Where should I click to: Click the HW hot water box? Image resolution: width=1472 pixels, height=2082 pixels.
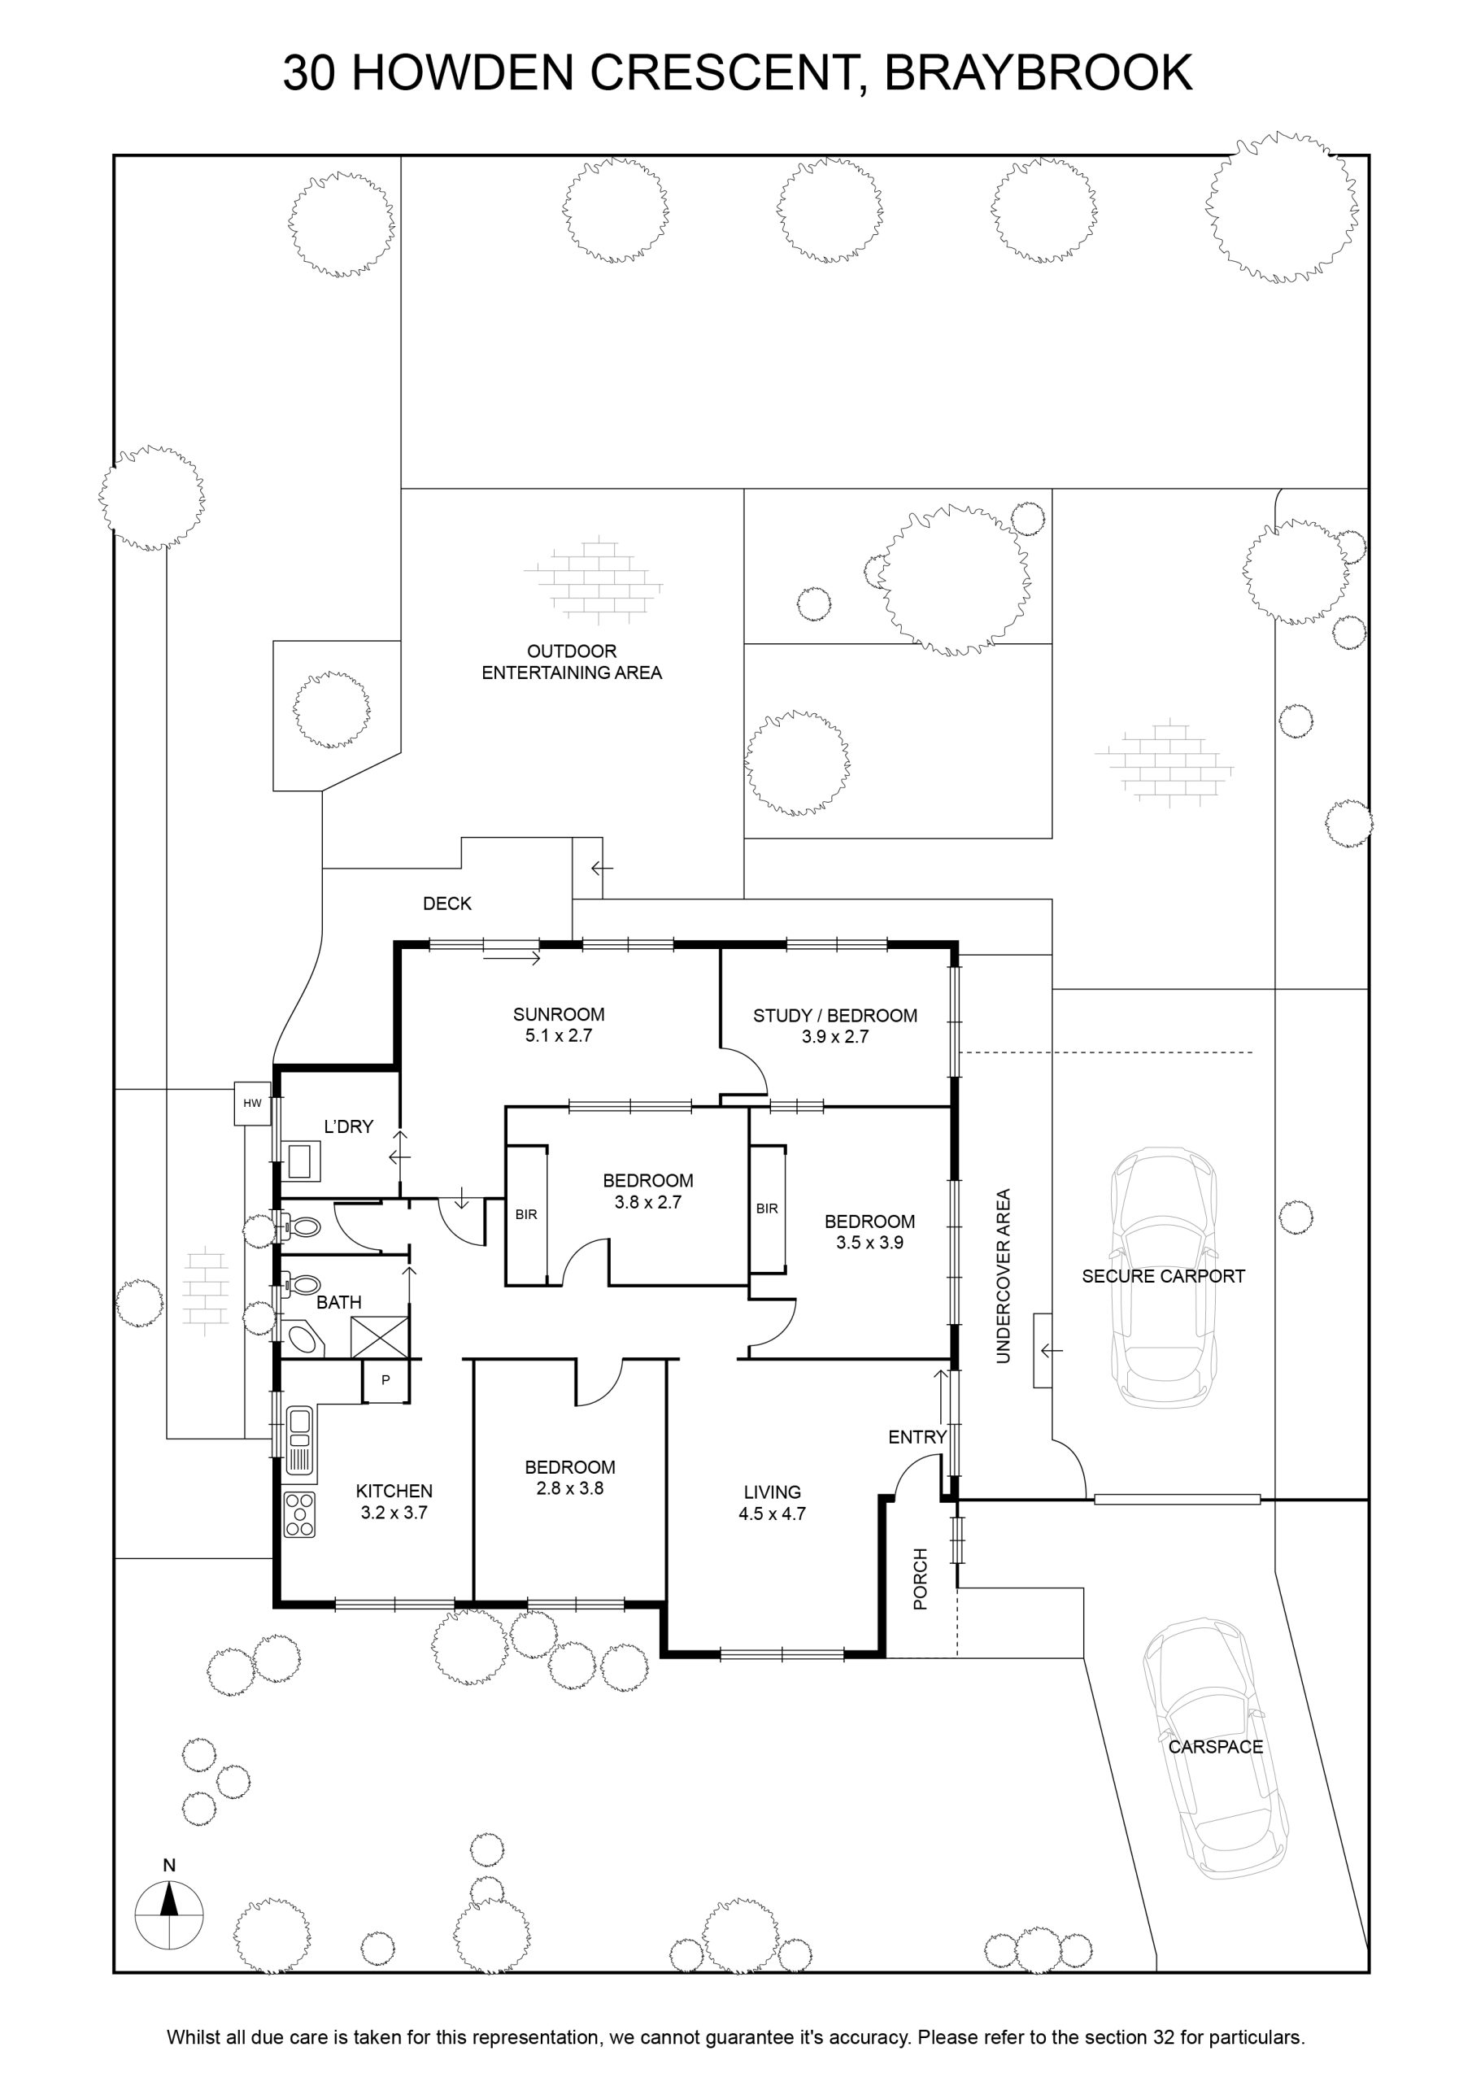(253, 1104)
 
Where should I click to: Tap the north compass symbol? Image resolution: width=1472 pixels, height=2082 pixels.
(168, 1914)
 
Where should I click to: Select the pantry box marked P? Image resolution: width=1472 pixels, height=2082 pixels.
(385, 1380)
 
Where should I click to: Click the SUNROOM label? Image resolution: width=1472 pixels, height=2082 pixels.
(559, 1015)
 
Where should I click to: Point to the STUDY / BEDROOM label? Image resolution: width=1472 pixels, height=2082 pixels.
(835, 1016)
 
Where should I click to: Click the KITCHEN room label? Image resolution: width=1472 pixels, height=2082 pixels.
(394, 1491)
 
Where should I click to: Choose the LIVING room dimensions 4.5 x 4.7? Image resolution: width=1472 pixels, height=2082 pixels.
(773, 1514)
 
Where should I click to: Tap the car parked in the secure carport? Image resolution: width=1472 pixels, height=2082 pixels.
(1164, 1277)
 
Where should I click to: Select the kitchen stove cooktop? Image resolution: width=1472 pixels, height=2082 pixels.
(299, 1515)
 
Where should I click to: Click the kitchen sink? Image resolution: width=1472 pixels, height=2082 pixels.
(299, 1440)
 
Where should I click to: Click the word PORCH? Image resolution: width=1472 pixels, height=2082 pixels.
(921, 1579)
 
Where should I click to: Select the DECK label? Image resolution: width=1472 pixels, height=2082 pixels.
(447, 904)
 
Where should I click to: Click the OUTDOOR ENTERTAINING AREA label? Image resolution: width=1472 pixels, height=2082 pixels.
(572, 662)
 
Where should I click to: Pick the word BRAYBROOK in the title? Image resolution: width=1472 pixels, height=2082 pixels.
(1039, 72)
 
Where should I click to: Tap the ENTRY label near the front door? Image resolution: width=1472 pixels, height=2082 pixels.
(917, 1436)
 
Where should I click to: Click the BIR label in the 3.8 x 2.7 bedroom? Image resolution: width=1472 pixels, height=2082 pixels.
(526, 1214)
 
